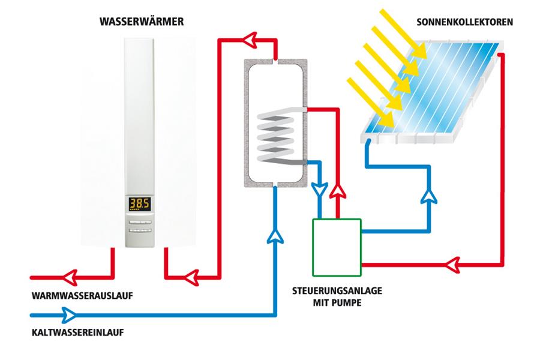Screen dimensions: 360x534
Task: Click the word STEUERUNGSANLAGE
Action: click(337, 291)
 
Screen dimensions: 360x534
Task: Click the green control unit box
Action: click(336, 246)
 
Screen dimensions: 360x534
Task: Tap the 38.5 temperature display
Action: click(140, 204)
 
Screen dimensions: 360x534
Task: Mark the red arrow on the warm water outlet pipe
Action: click(73, 278)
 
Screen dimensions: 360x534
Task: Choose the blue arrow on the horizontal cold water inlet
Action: click(69, 314)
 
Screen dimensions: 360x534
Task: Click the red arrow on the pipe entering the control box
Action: click(454, 262)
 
